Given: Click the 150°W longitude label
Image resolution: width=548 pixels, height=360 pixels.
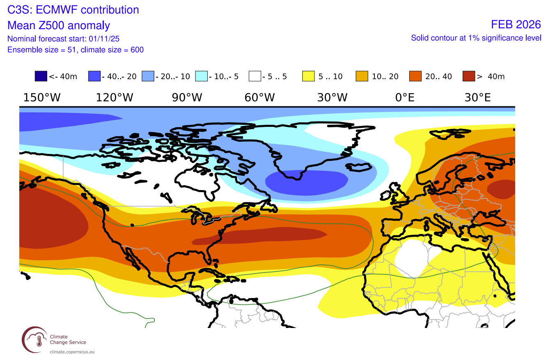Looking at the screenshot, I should tap(42, 98).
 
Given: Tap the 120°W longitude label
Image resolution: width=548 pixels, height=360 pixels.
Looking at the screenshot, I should tap(115, 98).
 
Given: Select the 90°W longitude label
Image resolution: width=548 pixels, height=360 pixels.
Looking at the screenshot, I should tap(187, 98).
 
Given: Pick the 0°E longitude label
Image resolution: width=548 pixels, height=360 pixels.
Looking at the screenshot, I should tap(405, 98).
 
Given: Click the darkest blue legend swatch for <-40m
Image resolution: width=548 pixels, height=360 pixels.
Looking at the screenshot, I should tap(41, 76).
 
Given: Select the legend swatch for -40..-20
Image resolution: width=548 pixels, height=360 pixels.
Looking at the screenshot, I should tap(94, 76).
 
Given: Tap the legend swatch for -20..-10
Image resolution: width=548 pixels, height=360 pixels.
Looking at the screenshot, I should tap(148, 76).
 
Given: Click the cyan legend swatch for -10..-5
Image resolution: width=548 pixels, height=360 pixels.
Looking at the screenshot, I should tap(202, 76).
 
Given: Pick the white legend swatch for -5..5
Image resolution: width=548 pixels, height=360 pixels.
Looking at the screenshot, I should tap(255, 76).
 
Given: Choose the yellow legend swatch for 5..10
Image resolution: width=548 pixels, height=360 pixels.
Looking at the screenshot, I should tap(309, 76).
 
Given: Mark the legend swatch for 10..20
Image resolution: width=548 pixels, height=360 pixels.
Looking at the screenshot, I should tap(362, 76).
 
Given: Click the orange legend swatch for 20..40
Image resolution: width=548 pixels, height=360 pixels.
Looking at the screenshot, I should tap(416, 76).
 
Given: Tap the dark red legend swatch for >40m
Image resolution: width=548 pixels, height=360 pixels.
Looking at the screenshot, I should tap(469, 76).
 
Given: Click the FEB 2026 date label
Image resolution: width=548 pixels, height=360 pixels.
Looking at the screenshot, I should tap(516, 25).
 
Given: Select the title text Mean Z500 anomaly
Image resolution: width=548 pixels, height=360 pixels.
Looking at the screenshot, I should tap(59, 25).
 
